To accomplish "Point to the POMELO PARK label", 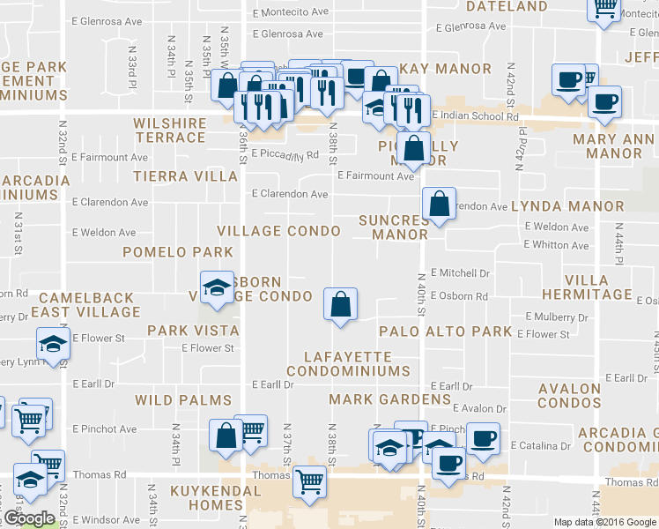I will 166,252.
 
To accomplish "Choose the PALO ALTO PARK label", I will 445,332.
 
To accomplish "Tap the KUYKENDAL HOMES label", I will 196,497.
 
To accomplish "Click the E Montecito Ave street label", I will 290,12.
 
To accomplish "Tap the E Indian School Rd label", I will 475,115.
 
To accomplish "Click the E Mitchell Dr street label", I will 460,274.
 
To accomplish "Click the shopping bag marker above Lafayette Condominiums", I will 339,305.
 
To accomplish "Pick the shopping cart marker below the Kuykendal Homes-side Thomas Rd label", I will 309,482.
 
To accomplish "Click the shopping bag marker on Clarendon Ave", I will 438,205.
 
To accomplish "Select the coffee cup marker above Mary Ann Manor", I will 604,102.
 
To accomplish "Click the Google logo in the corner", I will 29,518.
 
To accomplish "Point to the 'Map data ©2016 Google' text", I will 604,522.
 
